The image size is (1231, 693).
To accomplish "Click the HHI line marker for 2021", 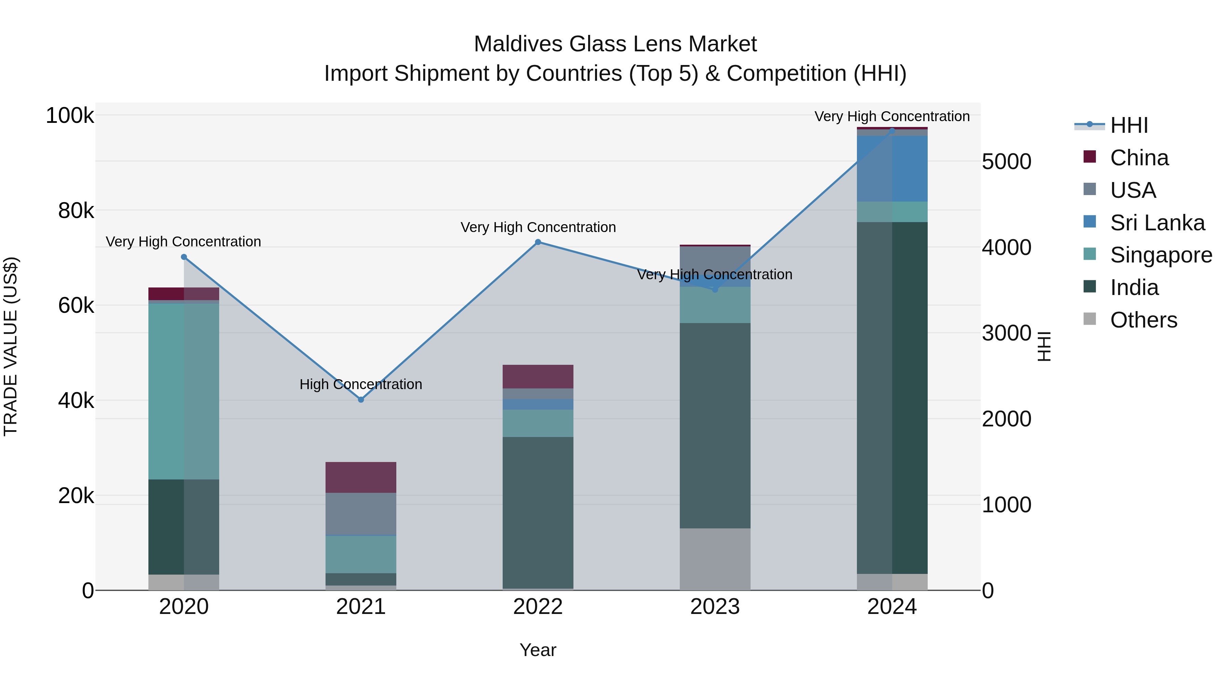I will click(x=361, y=399).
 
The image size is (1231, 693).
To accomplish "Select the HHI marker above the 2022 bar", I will click(x=538, y=242).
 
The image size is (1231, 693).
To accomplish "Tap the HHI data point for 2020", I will click(x=184, y=257).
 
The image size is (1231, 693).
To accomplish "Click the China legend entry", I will click(x=1139, y=158).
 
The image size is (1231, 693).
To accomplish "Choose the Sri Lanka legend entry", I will click(x=1157, y=223).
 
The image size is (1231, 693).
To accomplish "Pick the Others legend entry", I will click(x=1143, y=320).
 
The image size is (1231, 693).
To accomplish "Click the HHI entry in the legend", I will click(x=1129, y=125).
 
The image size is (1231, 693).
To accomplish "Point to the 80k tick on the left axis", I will click(x=76, y=210).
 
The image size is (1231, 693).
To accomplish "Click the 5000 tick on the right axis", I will click(x=1006, y=162).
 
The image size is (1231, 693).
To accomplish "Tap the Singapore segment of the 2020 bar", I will click(x=184, y=391).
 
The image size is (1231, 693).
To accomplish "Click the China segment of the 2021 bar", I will click(x=361, y=477).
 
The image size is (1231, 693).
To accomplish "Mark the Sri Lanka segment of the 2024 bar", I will click(x=892, y=168).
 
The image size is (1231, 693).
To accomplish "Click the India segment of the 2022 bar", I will click(x=538, y=512).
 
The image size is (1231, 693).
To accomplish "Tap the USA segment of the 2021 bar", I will click(x=361, y=513).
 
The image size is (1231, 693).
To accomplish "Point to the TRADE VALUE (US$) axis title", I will click(x=11, y=346).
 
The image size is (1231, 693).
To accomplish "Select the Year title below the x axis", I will click(x=538, y=650).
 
